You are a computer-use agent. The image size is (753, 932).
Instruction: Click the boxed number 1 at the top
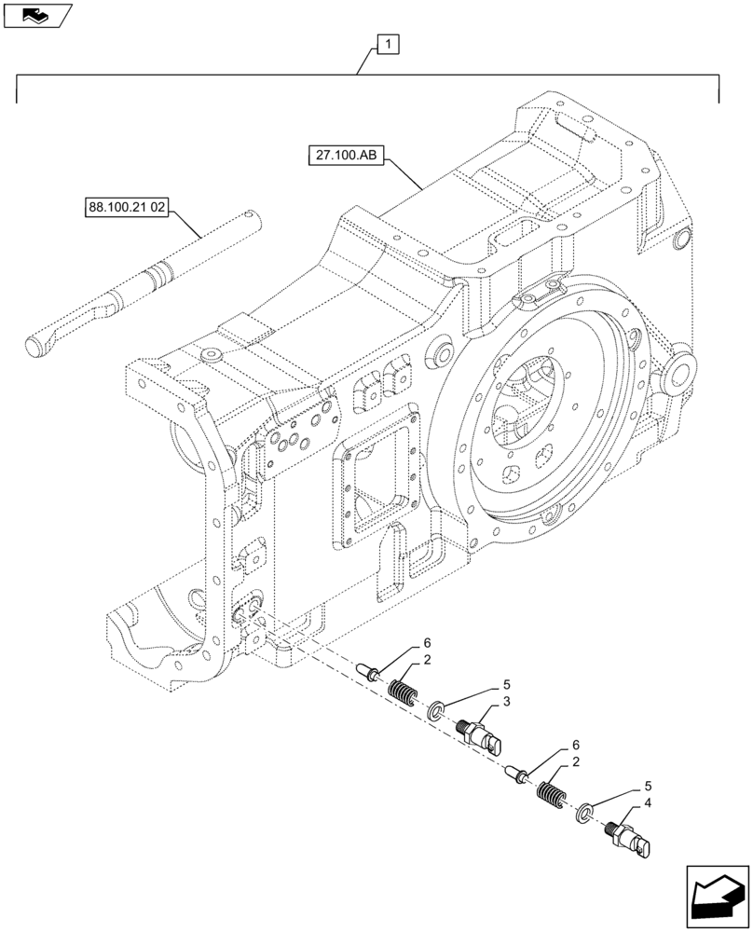(x=387, y=43)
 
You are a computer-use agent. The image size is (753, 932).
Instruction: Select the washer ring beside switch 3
(x=436, y=713)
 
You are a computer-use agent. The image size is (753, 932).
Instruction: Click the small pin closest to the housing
(x=371, y=672)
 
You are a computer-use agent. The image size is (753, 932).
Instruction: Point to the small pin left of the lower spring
(x=520, y=773)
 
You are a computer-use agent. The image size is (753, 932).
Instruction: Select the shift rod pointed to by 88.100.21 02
(x=149, y=284)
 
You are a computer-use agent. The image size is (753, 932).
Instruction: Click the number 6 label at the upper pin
(x=427, y=643)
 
